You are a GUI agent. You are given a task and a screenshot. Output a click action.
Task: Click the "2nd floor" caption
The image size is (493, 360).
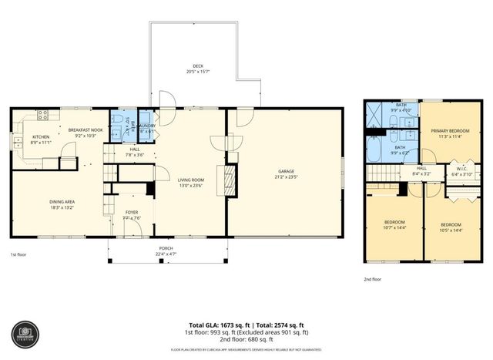click(371, 280)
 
